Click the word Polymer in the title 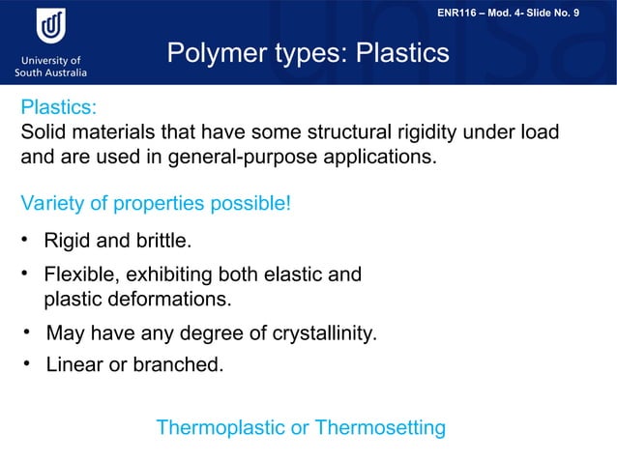coord(215,54)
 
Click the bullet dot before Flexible coord(27,274)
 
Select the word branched coord(185,366)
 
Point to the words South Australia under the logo coord(50,72)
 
